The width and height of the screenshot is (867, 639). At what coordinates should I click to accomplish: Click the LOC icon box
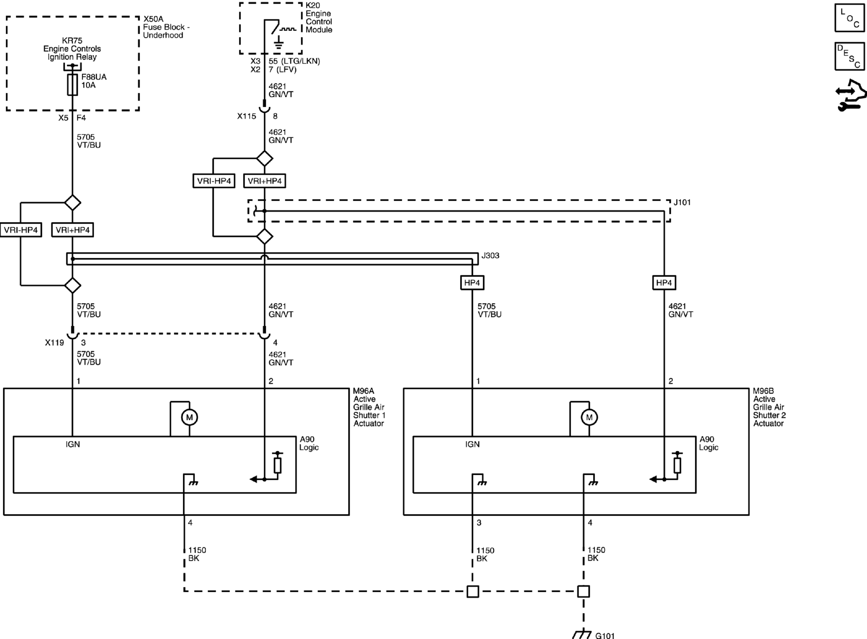(x=849, y=18)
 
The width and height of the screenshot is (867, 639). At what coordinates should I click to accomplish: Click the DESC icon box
(x=849, y=56)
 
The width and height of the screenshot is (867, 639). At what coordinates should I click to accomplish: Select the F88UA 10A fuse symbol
(x=72, y=85)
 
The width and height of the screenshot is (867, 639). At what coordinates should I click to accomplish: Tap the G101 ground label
(x=605, y=635)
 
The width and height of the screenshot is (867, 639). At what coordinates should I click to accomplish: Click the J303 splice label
(x=490, y=256)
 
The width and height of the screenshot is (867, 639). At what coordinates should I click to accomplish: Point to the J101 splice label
(x=682, y=202)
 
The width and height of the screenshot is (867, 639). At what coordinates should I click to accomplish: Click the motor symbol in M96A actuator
(x=189, y=417)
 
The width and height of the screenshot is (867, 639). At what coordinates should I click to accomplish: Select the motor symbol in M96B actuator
(x=589, y=417)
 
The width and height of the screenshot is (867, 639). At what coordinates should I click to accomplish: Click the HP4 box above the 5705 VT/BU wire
(x=472, y=283)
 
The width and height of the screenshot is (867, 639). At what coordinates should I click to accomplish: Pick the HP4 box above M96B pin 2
(x=664, y=283)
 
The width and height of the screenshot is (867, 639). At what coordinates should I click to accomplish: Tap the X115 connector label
(x=247, y=116)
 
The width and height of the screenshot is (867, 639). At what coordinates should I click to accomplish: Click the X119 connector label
(x=55, y=343)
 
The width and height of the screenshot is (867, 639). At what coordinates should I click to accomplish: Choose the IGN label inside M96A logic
(x=73, y=444)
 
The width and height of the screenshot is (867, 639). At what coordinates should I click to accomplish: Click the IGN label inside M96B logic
(x=473, y=444)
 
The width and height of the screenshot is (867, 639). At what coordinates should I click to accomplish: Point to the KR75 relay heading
(x=72, y=41)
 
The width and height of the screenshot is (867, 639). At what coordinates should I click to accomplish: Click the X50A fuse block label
(x=166, y=27)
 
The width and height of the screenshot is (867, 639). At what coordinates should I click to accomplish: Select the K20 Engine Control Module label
(x=319, y=18)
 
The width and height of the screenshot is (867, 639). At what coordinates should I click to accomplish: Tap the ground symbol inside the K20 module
(x=278, y=43)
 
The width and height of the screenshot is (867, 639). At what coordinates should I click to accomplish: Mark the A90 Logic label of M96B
(x=709, y=444)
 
